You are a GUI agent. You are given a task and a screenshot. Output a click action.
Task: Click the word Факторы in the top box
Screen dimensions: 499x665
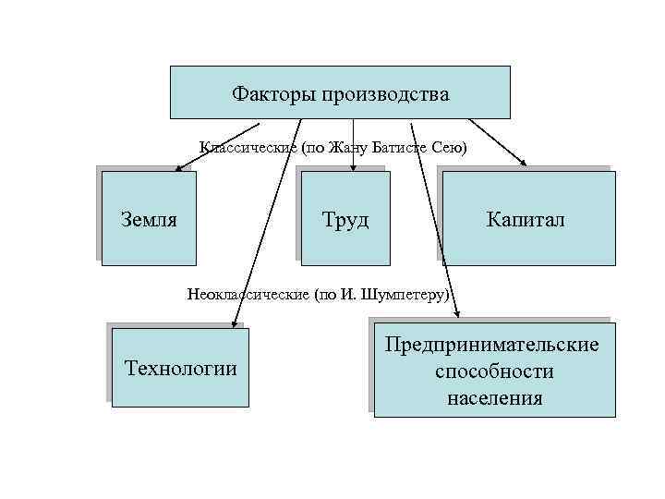[272, 94]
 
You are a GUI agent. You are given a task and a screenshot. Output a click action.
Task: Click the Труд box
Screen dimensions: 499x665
[346, 219]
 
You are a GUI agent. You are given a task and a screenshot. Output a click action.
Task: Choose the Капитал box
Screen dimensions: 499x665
[527, 219]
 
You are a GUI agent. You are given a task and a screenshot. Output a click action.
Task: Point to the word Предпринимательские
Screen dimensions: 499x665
[493, 345]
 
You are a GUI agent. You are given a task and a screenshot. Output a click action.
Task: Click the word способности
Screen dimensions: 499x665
[494, 371]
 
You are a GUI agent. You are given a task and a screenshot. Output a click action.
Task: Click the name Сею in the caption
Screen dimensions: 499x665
[453, 148]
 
